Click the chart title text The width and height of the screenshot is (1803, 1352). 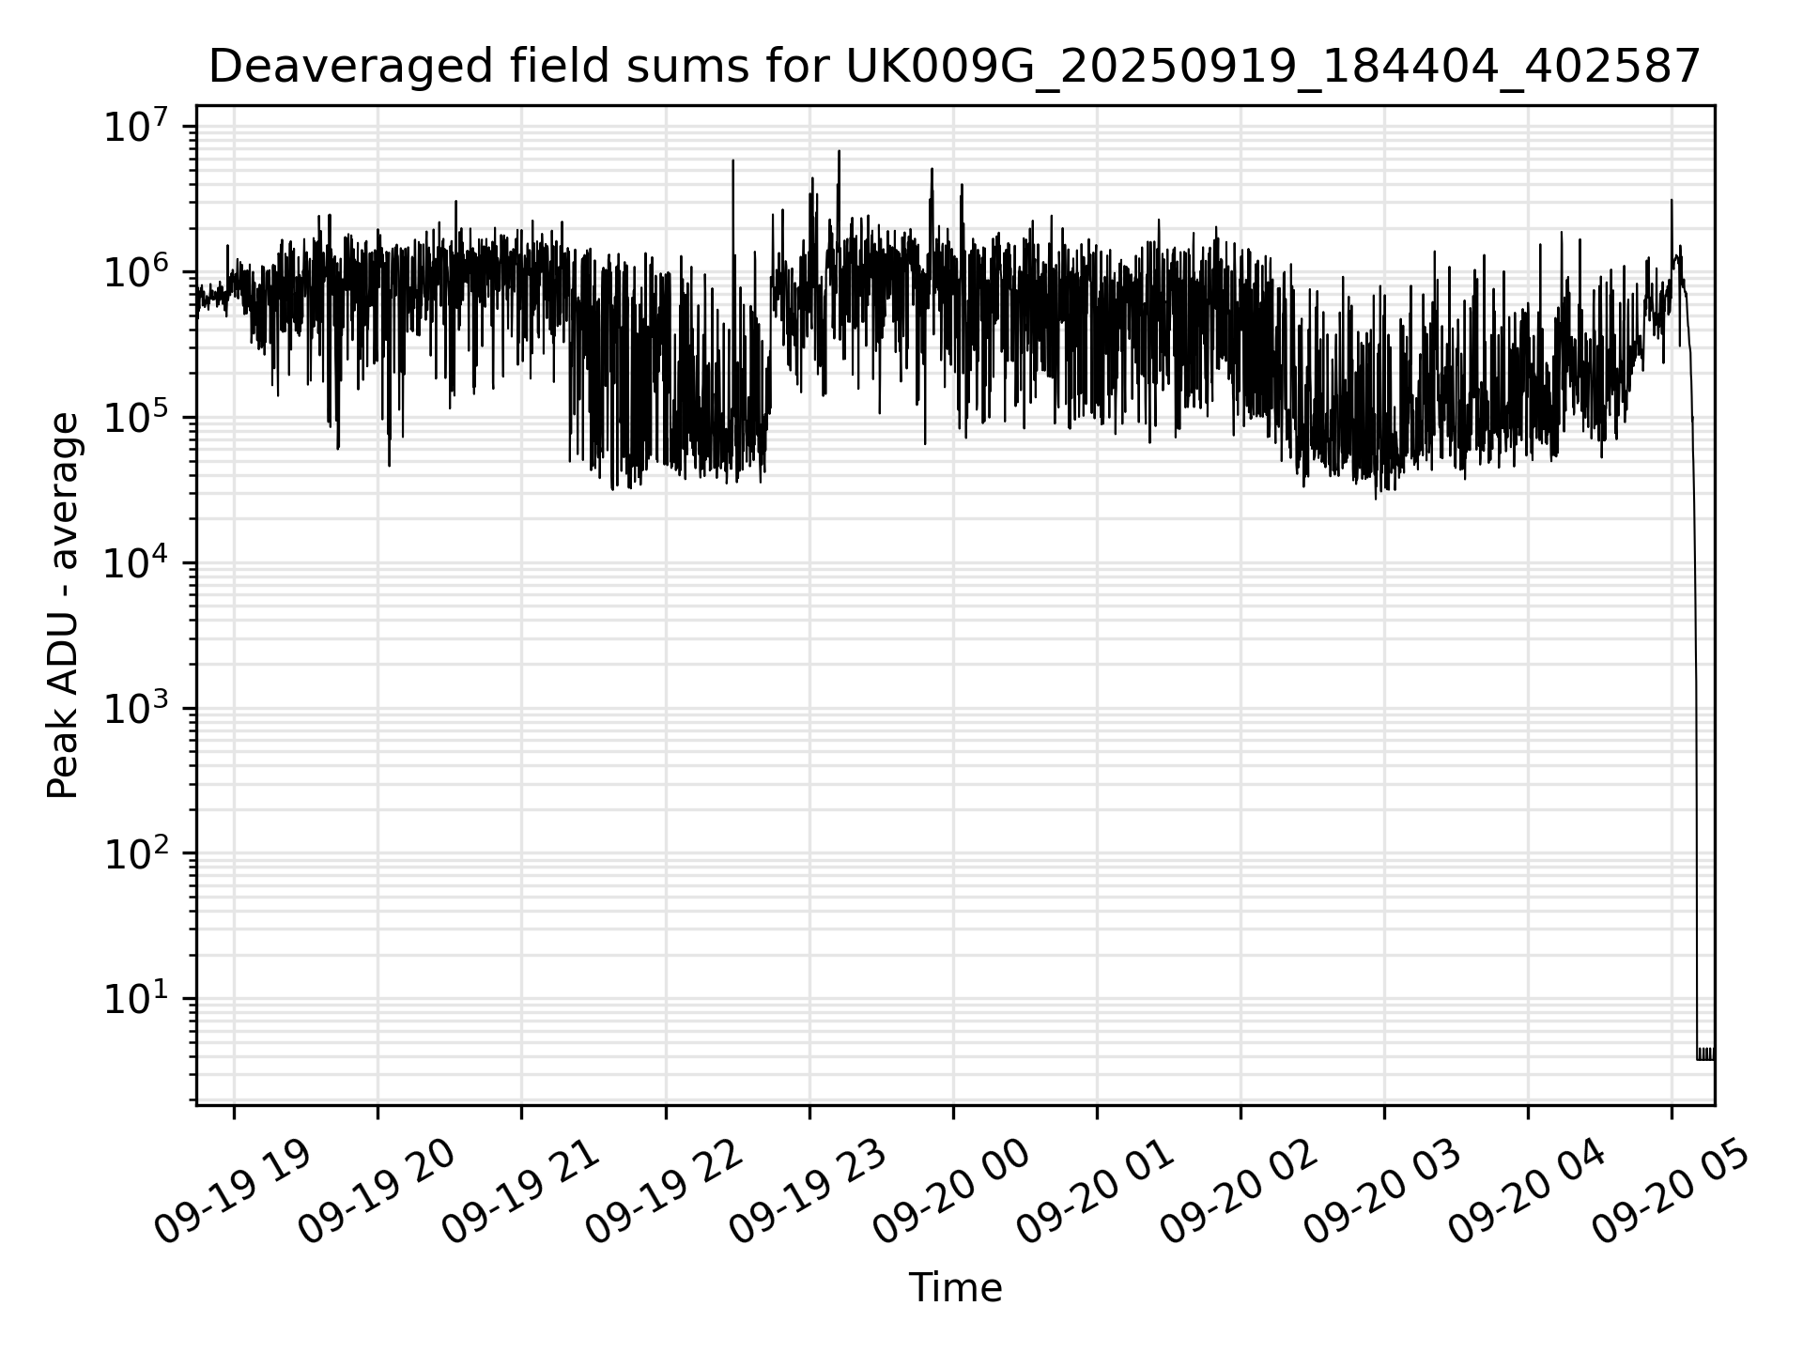point(954,68)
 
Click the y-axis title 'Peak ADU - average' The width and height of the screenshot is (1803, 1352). point(64,606)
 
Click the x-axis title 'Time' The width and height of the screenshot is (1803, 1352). point(955,1288)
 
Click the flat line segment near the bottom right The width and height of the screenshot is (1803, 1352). point(1705,1058)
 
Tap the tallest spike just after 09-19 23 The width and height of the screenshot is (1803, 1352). point(839,152)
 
